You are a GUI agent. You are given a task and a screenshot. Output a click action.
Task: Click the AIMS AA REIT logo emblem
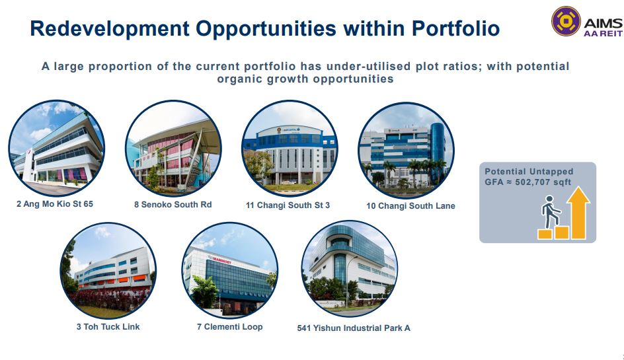(566, 21)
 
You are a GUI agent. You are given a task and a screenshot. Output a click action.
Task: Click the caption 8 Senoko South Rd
(173, 205)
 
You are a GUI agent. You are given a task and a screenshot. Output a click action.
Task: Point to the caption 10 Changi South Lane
(410, 205)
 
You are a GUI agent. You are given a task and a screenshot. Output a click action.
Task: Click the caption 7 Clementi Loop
(229, 327)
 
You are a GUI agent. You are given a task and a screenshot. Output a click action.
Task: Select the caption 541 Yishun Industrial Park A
(354, 328)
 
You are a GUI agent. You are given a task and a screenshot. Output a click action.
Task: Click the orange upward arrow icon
(579, 213)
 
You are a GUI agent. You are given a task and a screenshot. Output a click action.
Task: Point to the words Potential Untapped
(529, 172)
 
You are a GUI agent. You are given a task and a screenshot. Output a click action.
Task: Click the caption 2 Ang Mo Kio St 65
(55, 204)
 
